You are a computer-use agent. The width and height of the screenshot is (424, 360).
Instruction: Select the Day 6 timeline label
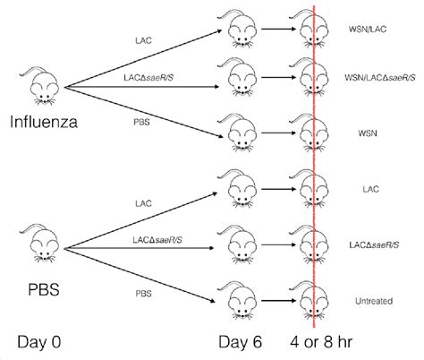tap(242, 342)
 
